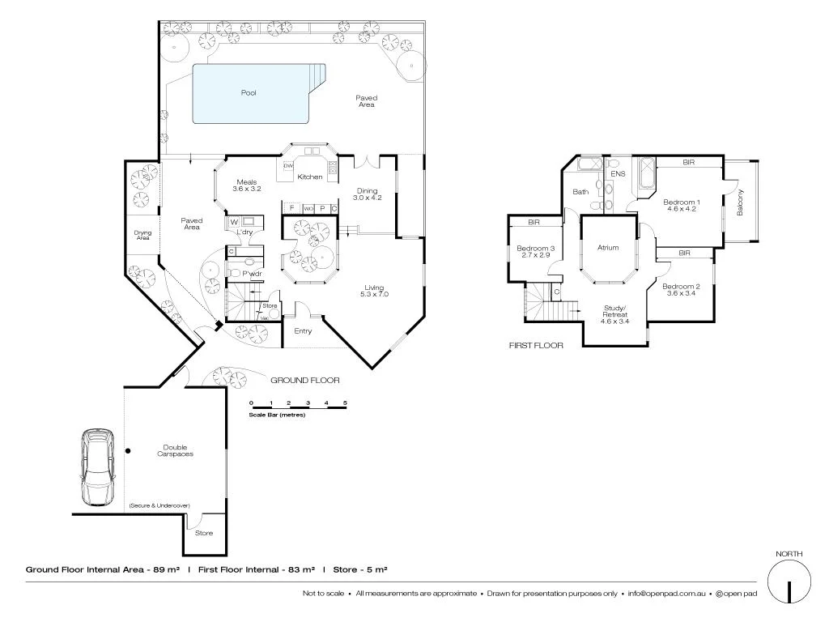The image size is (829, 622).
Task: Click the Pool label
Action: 249,93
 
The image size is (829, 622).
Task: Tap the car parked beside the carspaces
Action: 98,467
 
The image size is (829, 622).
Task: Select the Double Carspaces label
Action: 176,450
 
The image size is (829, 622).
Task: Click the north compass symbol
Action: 789,582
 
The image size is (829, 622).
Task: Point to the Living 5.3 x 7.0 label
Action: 376,291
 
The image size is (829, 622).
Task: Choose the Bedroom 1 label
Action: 681,205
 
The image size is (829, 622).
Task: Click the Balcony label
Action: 740,202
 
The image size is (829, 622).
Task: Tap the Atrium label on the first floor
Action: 608,248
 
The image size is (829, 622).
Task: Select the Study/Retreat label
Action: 615,313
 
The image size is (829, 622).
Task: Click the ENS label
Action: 618,174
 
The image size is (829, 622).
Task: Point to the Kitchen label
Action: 310,177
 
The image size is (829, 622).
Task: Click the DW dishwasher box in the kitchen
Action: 287,166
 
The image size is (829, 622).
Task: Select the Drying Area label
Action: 142,235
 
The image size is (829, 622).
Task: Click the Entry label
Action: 303,330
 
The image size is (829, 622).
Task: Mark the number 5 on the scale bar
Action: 345,403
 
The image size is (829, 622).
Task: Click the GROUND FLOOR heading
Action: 304,380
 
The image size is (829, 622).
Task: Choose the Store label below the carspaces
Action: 204,533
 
